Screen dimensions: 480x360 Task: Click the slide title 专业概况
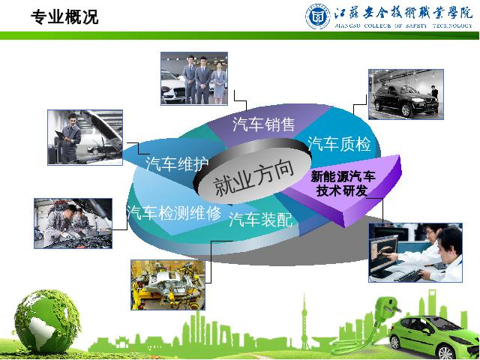(64, 16)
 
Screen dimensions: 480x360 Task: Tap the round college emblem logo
(318, 16)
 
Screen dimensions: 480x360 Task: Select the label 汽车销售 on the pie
(263, 124)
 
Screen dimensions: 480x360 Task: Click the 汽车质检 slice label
(339, 143)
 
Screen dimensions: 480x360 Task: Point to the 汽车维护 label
(177, 163)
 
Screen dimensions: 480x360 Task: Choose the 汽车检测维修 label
(174, 212)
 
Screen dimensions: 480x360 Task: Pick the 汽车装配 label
(261, 219)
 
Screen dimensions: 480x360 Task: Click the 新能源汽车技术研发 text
(343, 183)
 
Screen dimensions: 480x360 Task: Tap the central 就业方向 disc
(253, 171)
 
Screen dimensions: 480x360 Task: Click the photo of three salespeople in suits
(194, 78)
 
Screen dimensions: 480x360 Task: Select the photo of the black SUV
(406, 94)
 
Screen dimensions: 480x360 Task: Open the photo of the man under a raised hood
(85, 137)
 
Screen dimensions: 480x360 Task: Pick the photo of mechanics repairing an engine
(73, 223)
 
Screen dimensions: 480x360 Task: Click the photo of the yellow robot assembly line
(168, 285)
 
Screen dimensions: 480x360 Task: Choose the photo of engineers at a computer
(415, 253)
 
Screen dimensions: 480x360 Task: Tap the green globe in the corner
(47, 322)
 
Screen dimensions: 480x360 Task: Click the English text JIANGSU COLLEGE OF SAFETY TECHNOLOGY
(403, 25)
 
